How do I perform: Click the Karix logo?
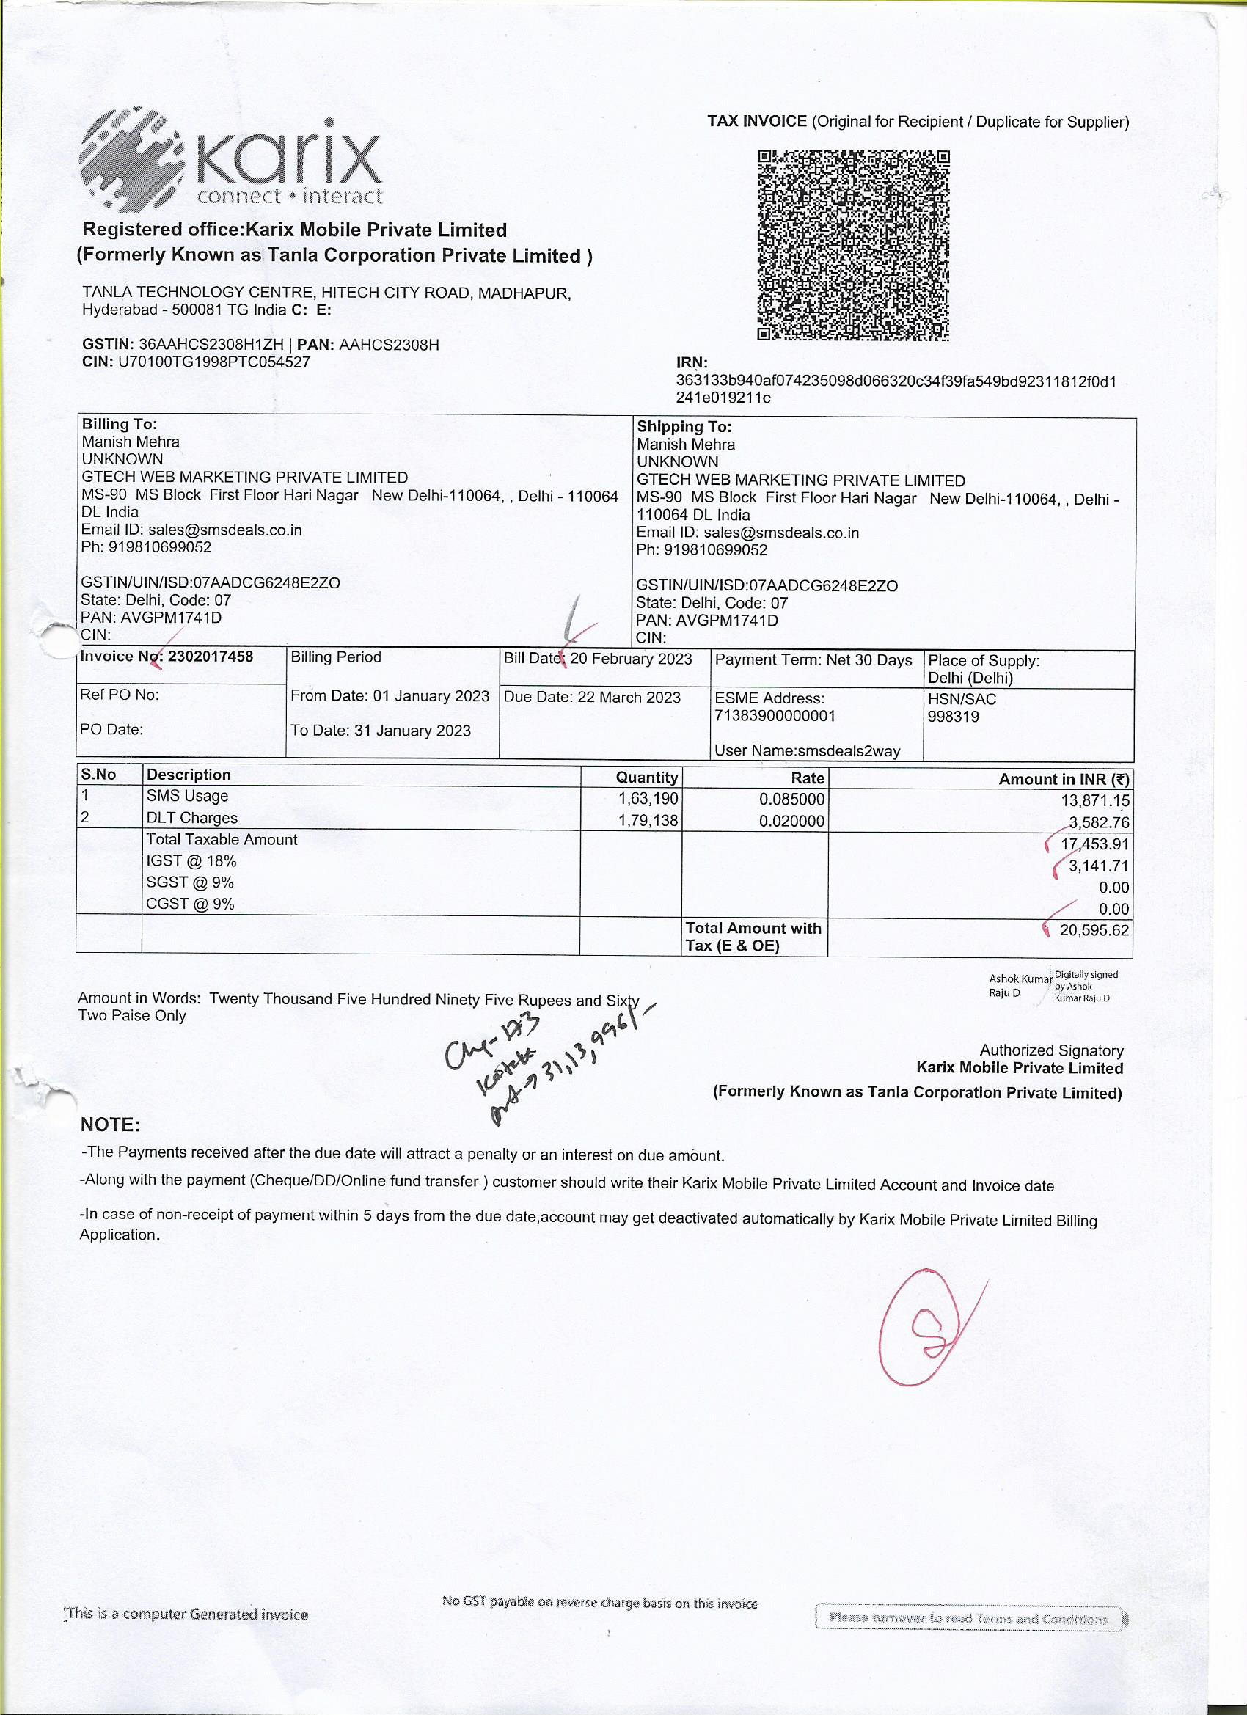tap(230, 161)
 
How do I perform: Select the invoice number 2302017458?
tap(211, 657)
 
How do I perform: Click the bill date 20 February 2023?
tap(631, 659)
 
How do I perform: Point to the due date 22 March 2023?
tap(629, 697)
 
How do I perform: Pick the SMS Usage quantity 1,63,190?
tap(648, 800)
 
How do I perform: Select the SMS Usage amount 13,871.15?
tap(1094, 801)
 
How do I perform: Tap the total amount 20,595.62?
tap(1094, 930)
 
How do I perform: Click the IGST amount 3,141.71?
tap(1098, 866)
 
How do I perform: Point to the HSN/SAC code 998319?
tap(953, 717)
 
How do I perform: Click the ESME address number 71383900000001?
tap(775, 716)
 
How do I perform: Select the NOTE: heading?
tap(111, 1125)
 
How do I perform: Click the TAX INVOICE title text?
tap(757, 122)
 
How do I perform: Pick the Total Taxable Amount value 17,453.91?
tap(1094, 844)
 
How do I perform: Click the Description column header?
tap(189, 775)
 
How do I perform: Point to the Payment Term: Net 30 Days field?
tap(813, 660)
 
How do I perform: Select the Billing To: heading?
tap(120, 424)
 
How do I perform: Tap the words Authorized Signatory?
tap(1051, 1050)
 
